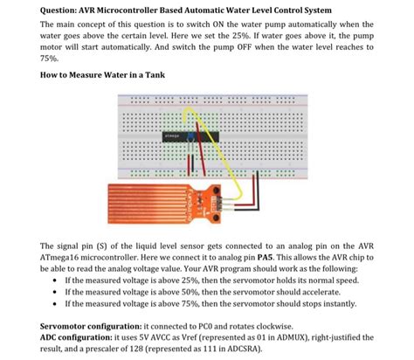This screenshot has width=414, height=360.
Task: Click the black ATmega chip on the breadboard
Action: (x=178, y=135)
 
